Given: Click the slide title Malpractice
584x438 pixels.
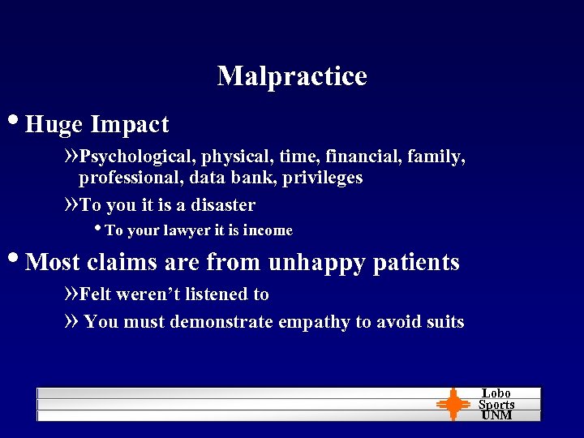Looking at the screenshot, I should click(292, 76).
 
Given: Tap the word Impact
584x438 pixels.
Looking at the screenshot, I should click(130, 125).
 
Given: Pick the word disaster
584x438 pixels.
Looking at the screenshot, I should click(217, 205).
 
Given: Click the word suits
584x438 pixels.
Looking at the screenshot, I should click(443, 323).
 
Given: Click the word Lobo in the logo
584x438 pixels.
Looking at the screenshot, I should click(496, 393).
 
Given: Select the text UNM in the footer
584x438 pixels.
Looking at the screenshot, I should click(496, 415).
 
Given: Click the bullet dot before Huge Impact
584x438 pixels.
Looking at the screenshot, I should click(16, 122).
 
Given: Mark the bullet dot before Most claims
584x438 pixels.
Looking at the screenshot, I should click(16, 260).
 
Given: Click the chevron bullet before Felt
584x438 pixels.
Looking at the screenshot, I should click(71, 294).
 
